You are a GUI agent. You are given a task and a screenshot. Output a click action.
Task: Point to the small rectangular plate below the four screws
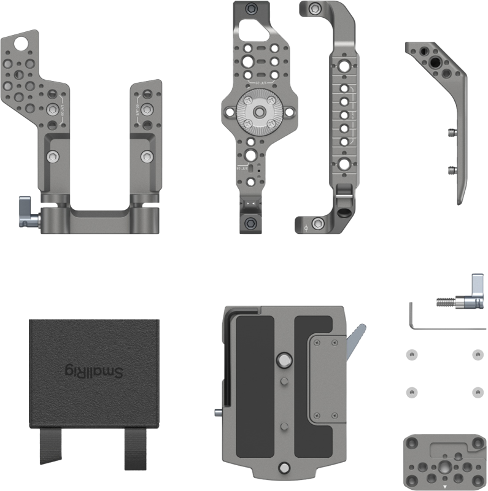tap(441, 460)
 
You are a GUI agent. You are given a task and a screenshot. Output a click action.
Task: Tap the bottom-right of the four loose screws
tap(475, 390)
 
